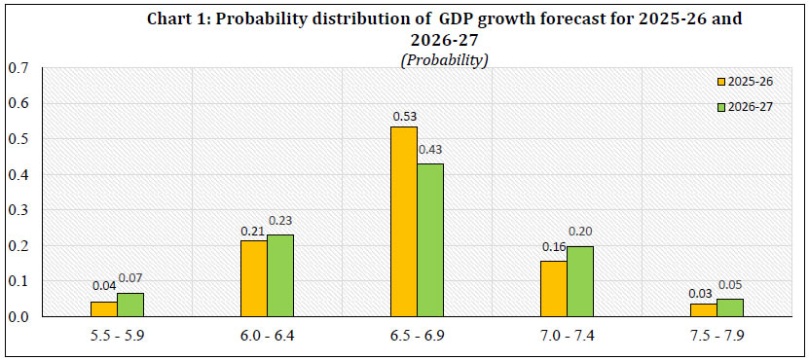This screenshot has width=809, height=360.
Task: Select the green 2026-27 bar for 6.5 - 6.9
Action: point(430,239)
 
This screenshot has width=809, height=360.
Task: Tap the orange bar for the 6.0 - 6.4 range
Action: point(253,278)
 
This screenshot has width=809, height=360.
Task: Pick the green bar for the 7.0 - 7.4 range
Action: point(580,281)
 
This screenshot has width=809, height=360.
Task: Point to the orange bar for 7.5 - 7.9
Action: point(703,310)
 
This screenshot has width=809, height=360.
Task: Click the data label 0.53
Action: point(405,117)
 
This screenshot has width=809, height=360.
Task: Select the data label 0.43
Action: point(430,152)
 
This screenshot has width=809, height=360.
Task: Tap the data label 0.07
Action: point(130,282)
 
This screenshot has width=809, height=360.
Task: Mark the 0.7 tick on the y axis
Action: point(18,67)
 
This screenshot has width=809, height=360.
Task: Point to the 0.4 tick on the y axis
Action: point(18,174)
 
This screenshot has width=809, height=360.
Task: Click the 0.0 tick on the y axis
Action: point(18,317)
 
